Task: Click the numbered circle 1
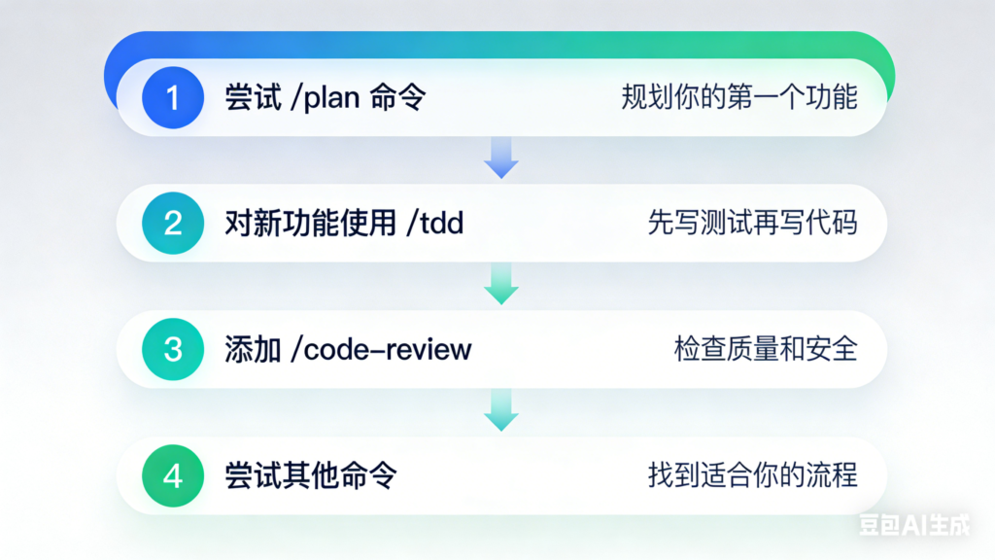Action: [x=173, y=98]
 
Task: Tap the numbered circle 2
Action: [x=173, y=224]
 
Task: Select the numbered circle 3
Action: [x=173, y=349]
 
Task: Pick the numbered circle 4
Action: [x=173, y=475]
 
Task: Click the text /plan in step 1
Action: [x=327, y=98]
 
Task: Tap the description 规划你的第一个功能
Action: [x=739, y=98]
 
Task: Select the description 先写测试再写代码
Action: [x=753, y=224]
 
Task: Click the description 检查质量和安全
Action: [x=766, y=349]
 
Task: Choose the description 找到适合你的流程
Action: [x=753, y=475]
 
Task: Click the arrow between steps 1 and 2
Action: [x=501, y=157]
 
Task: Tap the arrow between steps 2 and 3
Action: [x=501, y=283]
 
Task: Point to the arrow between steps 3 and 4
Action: [x=501, y=409]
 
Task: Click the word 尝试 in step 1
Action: [x=251, y=98]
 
